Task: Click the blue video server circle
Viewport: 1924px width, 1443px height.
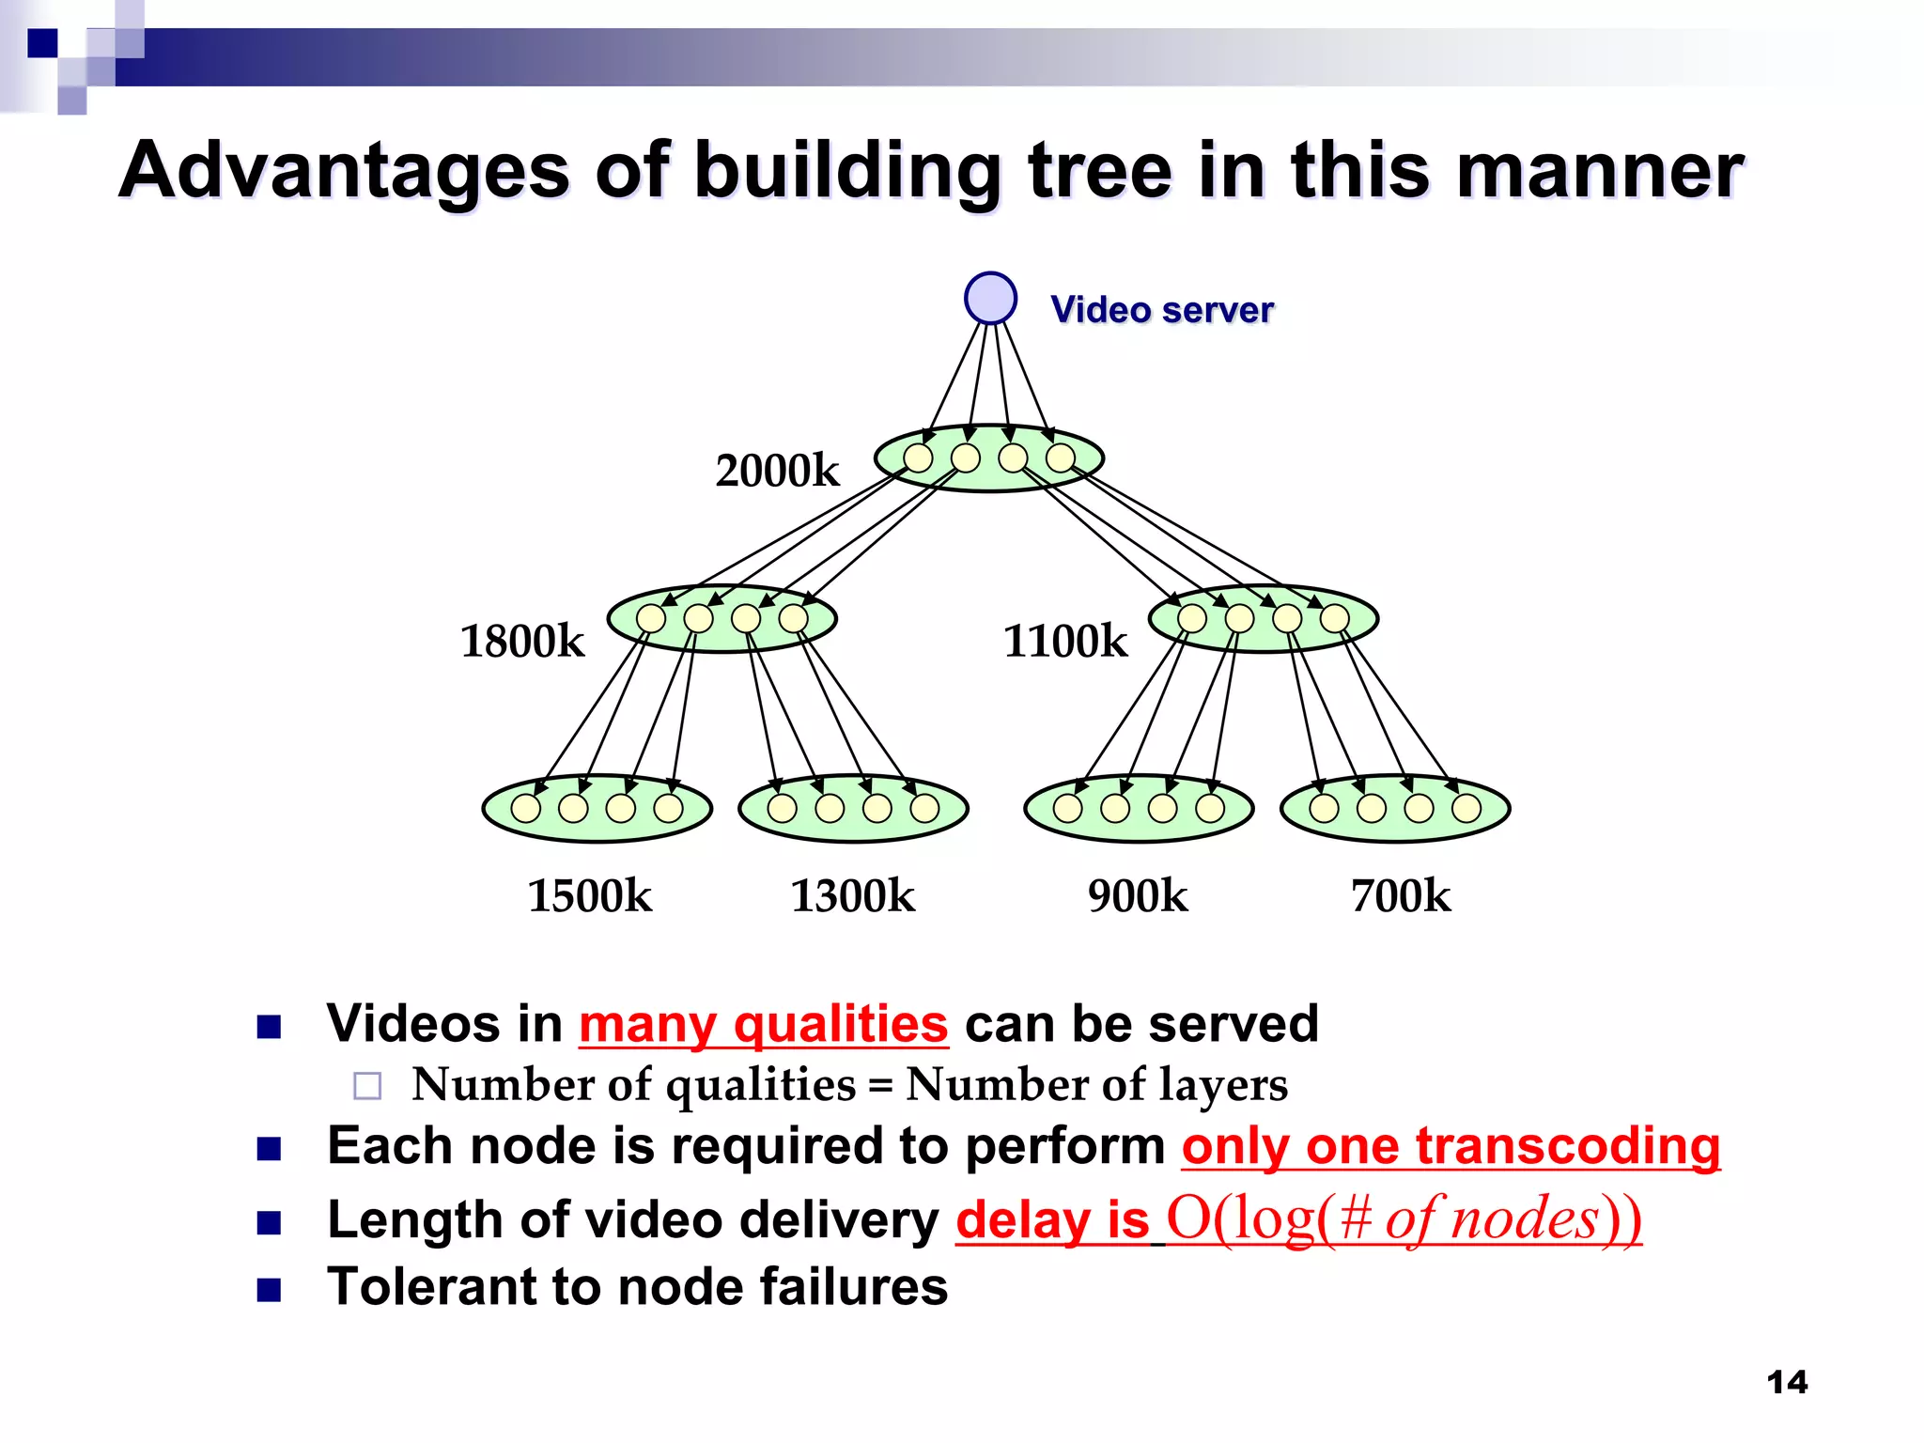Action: click(x=990, y=299)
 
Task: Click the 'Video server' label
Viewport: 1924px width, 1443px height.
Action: click(x=1161, y=310)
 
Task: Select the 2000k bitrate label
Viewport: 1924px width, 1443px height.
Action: click(x=777, y=471)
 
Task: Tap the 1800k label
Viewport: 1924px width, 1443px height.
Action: click(x=522, y=642)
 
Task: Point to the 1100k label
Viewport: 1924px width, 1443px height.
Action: click(x=1064, y=642)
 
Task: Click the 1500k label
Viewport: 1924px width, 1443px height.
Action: click(x=589, y=895)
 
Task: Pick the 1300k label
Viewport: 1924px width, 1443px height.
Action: click(x=852, y=895)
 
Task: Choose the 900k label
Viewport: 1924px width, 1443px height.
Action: click(x=1137, y=895)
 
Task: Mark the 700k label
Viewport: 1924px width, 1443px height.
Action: click(x=1400, y=895)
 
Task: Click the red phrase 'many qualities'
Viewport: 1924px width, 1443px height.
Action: click(x=763, y=1024)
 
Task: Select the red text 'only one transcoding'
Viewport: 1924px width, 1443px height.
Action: click(x=1451, y=1146)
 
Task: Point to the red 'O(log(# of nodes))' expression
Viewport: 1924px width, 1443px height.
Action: click(x=1404, y=1219)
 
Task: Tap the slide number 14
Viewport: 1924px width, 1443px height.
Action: click(x=1787, y=1382)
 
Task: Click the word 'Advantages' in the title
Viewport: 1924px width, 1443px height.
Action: click(x=344, y=171)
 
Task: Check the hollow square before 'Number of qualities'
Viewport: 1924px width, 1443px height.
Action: click(x=367, y=1086)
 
